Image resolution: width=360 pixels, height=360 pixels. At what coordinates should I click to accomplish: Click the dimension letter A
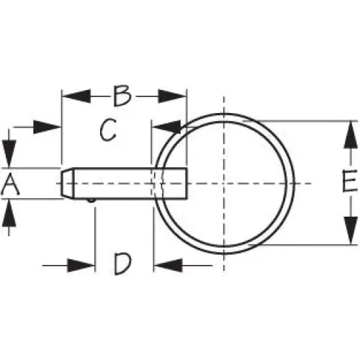pyautogui.click(x=10, y=184)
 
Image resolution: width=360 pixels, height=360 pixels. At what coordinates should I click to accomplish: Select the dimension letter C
pyautogui.click(x=108, y=130)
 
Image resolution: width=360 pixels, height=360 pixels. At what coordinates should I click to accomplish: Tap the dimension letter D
pyautogui.click(x=123, y=264)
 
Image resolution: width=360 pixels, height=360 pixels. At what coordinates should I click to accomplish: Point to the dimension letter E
pyautogui.click(x=350, y=181)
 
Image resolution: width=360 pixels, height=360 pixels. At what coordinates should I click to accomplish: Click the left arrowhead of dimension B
pyautogui.click(x=76, y=96)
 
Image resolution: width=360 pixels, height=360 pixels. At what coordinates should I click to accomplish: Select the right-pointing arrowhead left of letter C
pyautogui.click(x=47, y=127)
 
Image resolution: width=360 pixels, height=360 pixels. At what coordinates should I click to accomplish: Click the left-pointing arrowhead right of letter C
pyautogui.click(x=166, y=127)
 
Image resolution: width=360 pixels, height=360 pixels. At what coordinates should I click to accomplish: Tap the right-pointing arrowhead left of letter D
pyautogui.click(x=81, y=266)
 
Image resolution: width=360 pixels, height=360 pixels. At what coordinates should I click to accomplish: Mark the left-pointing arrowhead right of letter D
pyautogui.click(x=168, y=266)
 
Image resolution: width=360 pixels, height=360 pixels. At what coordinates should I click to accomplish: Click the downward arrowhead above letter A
pyautogui.click(x=9, y=153)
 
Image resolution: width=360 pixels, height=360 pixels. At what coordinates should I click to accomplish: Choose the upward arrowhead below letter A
pyautogui.click(x=9, y=213)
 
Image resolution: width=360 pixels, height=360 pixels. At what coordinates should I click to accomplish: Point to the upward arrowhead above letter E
pyautogui.click(x=351, y=135)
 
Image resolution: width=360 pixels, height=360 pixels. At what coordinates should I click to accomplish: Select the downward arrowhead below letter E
pyautogui.click(x=351, y=230)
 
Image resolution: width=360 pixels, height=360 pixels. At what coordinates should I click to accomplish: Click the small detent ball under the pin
pyautogui.click(x=91, y=201)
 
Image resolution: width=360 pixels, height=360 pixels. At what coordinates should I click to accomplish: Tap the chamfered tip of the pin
pyautogui.click(x=67, y=184)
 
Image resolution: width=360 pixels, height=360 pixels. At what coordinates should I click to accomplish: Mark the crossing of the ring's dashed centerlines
pyautogui.click(x=224, y=184)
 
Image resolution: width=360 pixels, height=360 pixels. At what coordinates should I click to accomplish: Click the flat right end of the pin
pyautogui.click(x=186, y=184)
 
